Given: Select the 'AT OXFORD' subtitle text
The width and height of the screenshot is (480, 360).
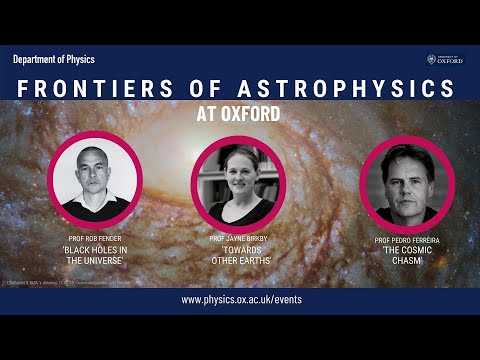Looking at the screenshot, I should tap(240, 113).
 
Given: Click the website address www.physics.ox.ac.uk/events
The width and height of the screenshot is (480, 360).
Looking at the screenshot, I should tap(240, 299).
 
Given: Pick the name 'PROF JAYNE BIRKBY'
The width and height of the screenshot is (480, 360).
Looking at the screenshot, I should tap(240, 239).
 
